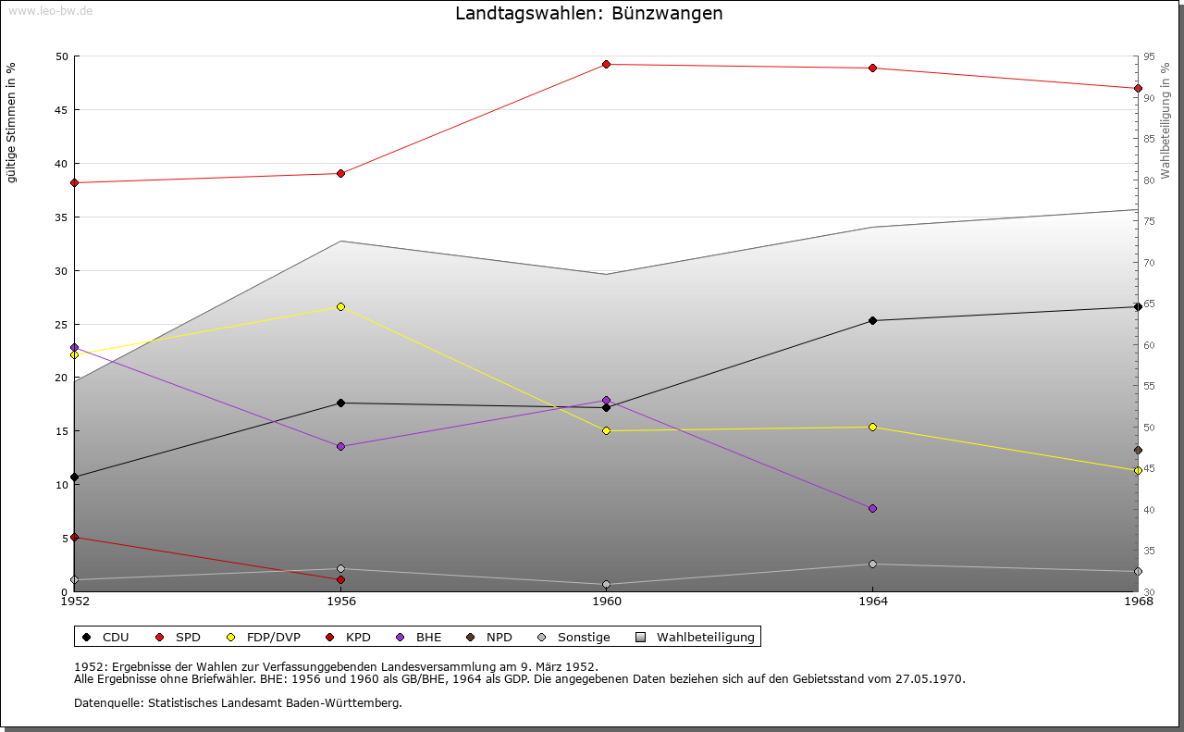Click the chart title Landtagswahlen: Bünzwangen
(x=589, y=14)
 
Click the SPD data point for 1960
(x=606, y=64)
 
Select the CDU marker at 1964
(x=872, y=320)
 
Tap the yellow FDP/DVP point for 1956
(x=340, y=306)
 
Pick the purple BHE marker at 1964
(x=872, y=508)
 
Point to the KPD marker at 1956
(x=340, y=579)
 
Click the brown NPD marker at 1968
(x=1138, y=451)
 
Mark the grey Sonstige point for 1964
(x=872, y=564)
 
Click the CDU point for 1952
(x=74, y=477)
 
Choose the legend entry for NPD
(x=490, y=637)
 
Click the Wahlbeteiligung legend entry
(x=697, y=637)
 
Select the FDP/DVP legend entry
(x=265, y=637)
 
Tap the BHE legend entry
(x=419, y=637)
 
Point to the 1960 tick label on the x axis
(x=607, y=602)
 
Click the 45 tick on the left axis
(x=62, y=110)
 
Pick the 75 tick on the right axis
(x=1149, y=221)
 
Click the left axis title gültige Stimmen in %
(x=12, y=123)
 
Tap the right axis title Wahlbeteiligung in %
(x=1165, y=120)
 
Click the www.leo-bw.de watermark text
(x=50, y=11)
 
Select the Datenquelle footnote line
(x=238, y=702)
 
